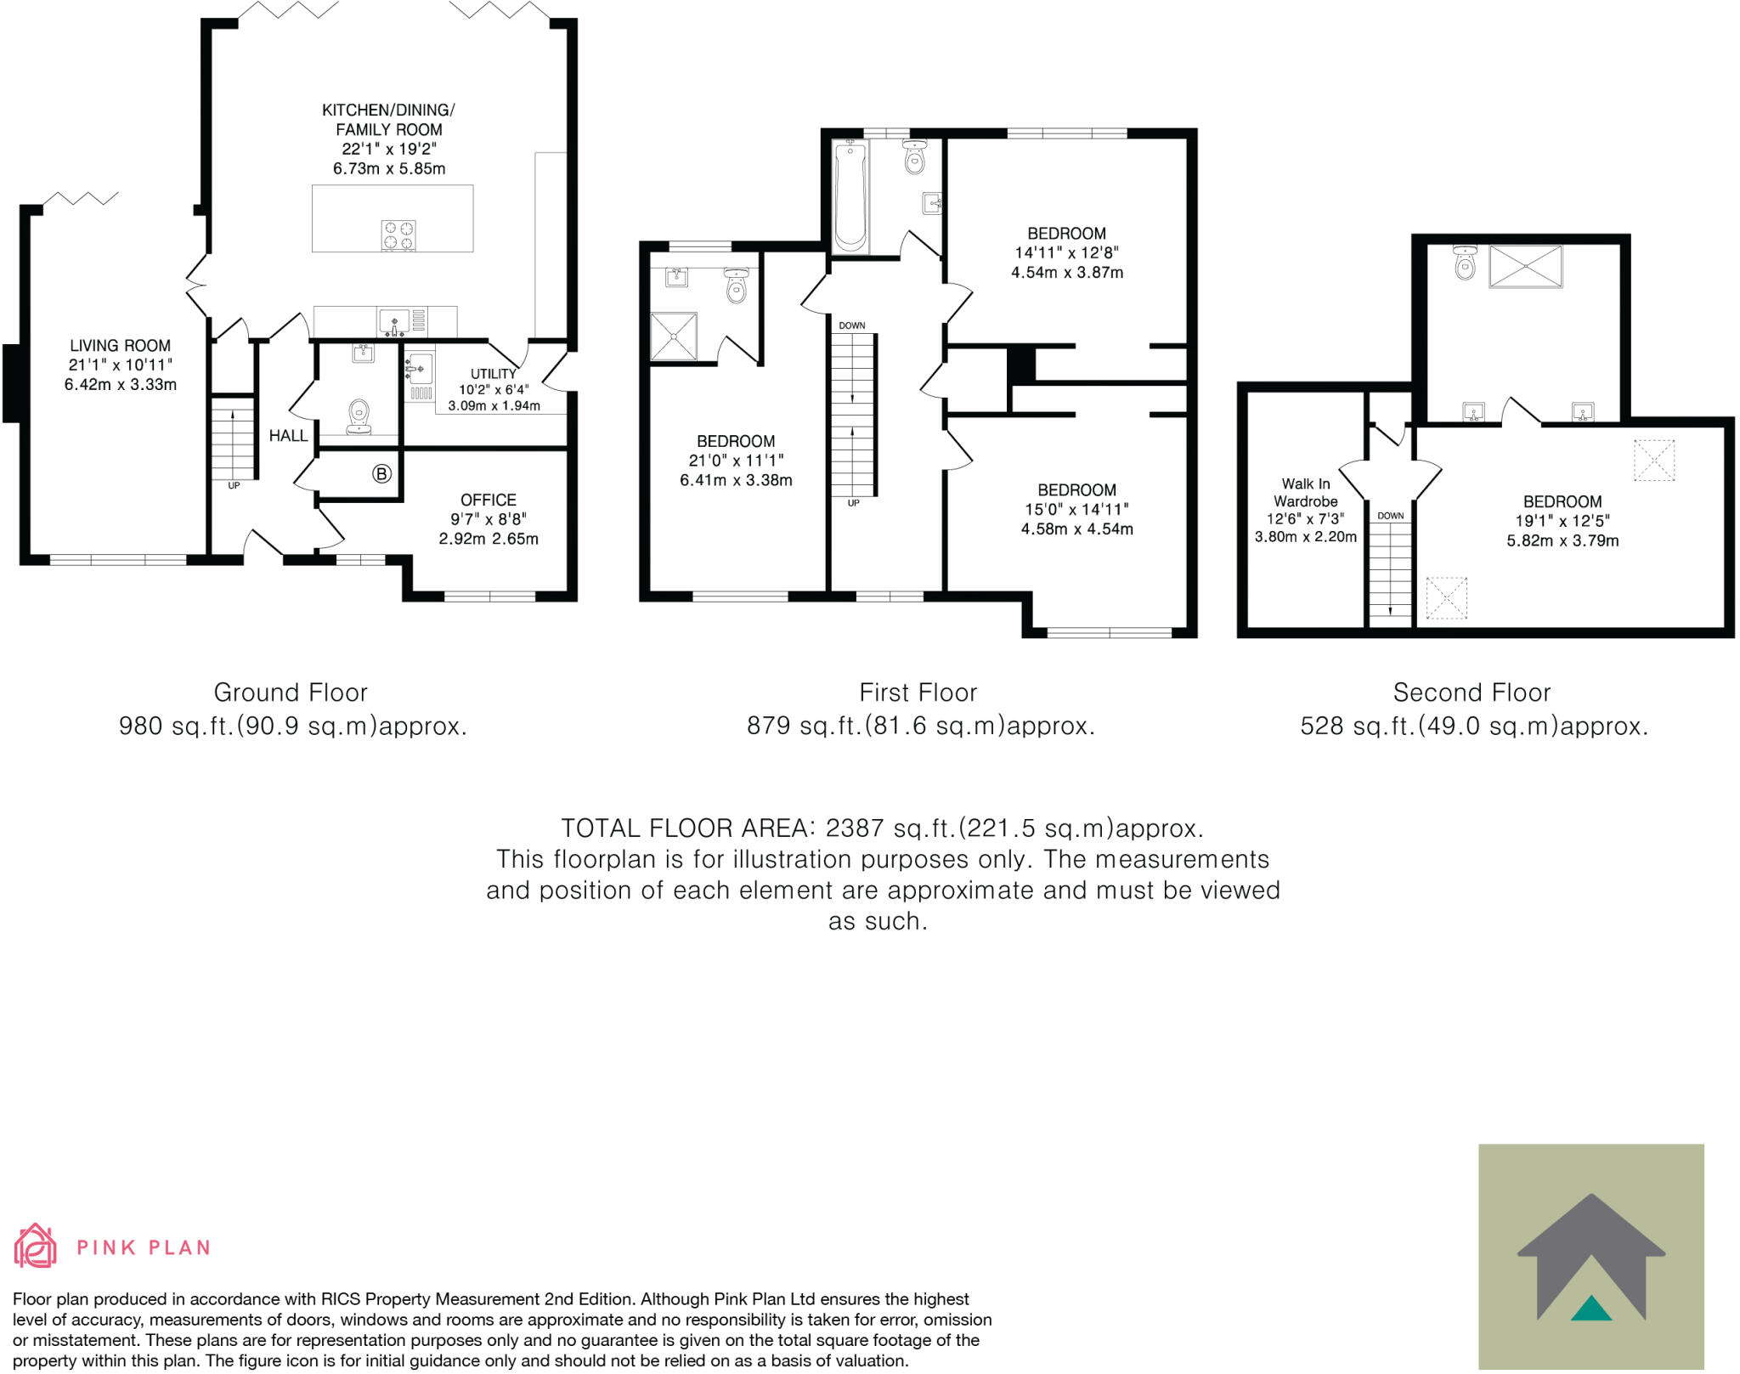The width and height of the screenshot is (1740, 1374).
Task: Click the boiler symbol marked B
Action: [x=382, y=474]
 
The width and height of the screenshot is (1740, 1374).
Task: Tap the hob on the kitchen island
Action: [x=398, y=235]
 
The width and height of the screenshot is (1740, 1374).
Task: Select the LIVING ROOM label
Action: [x=120, y=346]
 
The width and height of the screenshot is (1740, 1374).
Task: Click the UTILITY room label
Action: [x=493, y=374]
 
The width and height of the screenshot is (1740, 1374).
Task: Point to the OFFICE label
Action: [x=488, y=500]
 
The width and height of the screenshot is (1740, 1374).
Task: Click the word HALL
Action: [x=288, y=436]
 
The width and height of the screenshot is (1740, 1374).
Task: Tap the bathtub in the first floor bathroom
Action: [x=850, y=198]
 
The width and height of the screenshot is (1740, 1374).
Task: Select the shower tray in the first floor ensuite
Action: [x=674, y=336]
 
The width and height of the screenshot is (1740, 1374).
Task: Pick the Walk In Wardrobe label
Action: [x=1306, y=493]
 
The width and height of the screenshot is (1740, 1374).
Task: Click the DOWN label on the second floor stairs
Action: [x=1390, y=516]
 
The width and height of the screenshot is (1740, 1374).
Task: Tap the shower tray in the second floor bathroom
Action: [x=1525, y=266]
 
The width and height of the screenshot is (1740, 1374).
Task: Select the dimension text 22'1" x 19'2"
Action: [x=388, y=149]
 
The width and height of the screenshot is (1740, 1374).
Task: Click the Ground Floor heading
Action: [x=291, y=693]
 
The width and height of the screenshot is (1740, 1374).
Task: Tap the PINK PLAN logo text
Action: [x=143, y=1247]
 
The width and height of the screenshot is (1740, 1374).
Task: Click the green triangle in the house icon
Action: [x=1591, y=1309]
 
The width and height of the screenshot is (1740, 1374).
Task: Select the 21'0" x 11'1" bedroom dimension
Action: [x=736, y=461]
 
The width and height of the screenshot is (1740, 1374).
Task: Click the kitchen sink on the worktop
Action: [x=395, y=322]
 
